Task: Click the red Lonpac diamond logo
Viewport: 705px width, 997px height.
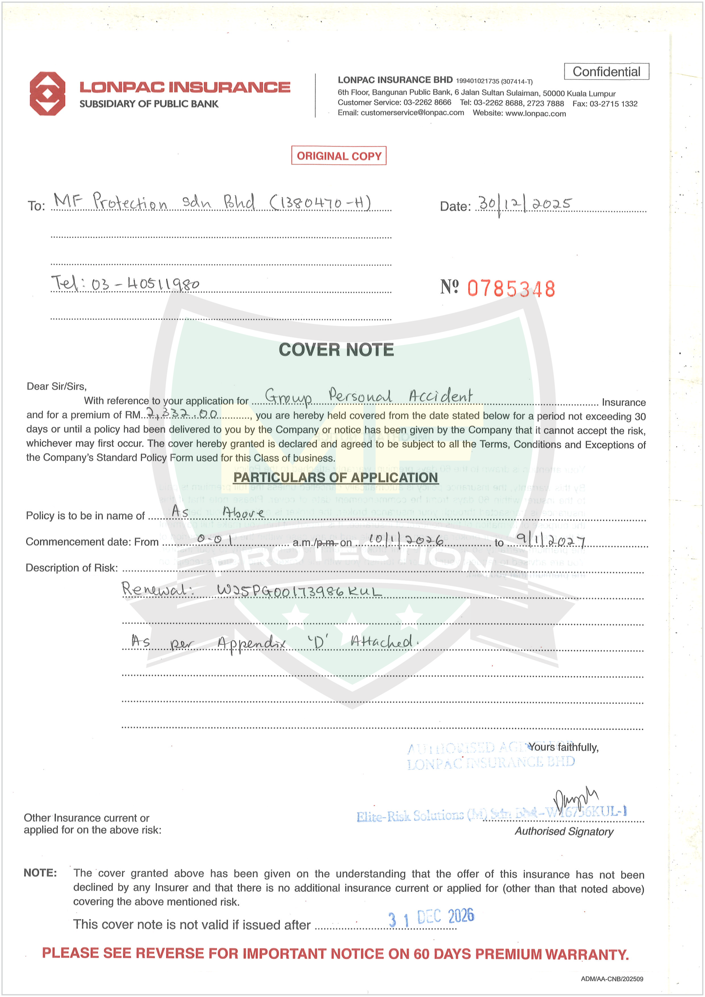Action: pos(47,93)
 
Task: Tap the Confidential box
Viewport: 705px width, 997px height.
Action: pos(606,72)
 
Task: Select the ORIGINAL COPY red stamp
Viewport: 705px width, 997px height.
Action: pos(339,156)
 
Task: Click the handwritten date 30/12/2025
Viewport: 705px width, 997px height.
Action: pos(524,204)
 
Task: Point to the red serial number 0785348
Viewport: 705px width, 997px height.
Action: pos(511,289)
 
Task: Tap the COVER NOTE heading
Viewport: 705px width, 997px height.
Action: pos(336,350)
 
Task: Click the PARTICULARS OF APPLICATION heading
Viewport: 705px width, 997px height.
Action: pos(335,477)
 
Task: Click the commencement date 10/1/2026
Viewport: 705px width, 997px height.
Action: pos(406,540)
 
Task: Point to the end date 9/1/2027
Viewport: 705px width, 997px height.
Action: pos(550,540)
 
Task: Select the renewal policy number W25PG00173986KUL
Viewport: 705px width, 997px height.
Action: pos(299,590)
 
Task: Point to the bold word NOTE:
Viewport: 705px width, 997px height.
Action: pos(40,873)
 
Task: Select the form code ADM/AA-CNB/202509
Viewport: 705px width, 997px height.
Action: pos(612,979)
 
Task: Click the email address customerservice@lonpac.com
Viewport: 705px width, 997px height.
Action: pos(412,113)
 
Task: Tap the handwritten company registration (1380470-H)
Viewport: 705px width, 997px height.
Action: pos(320,203)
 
